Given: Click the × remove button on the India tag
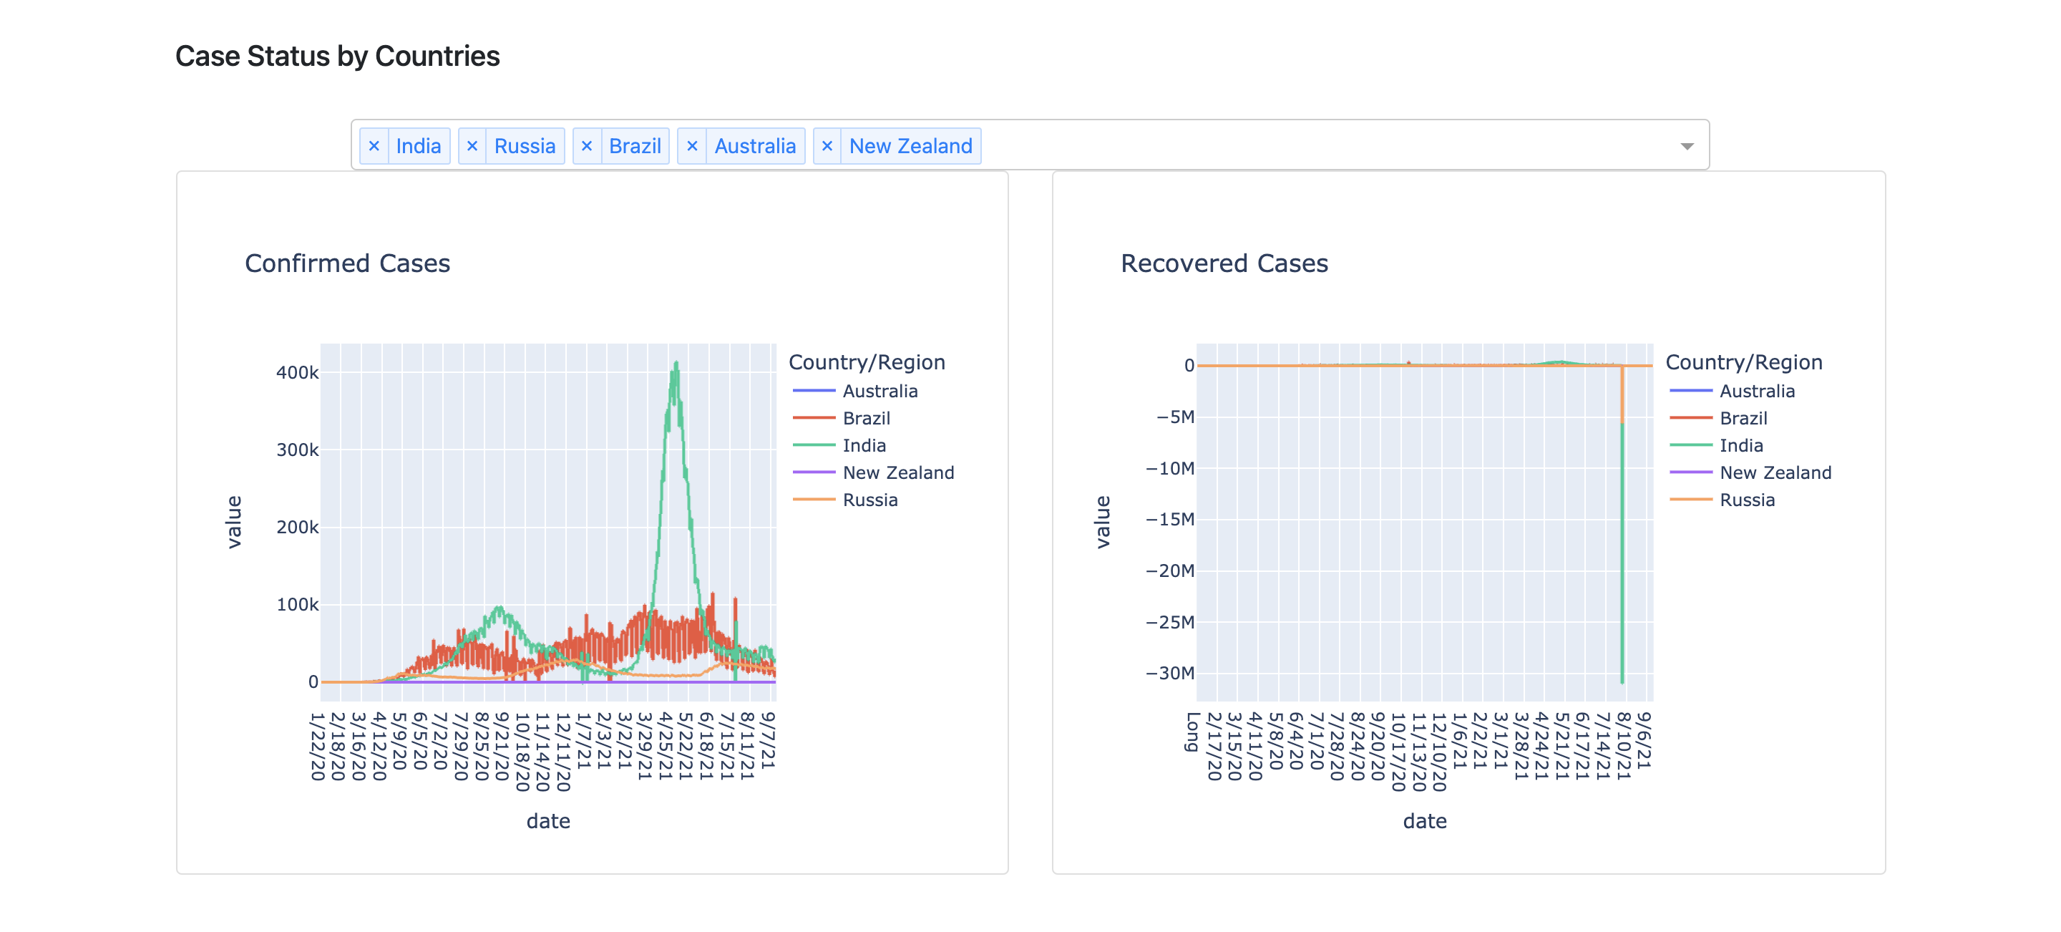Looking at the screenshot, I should [x=374, y=147].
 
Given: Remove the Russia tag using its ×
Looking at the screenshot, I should [x=472, y=147].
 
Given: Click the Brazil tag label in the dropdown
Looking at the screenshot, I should [x=635, y=147].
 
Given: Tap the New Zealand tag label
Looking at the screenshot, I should [x=910, y=147].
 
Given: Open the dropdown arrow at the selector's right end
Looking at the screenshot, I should [x=1687, y=147].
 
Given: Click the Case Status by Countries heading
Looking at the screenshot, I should [x=337, y=56].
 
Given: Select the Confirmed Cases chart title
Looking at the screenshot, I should [x=347, y=263].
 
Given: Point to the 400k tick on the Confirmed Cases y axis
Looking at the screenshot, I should [x=297, y=373].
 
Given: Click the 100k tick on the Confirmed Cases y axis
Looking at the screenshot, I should [x=297, y=605].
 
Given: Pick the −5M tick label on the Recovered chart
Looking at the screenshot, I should [x=1174, y=417].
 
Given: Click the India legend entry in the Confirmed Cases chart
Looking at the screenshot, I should [x=863, y=446].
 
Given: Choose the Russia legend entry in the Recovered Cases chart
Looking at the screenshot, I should [x=1747, y=500].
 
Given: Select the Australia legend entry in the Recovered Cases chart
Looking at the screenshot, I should [x=1756, y=392].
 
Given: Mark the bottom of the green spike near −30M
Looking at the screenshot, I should [x=1622, y=681].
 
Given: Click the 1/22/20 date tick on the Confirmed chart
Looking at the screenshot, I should [x=318, y=746].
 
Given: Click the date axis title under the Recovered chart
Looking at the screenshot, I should [x=1424, y=821].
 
